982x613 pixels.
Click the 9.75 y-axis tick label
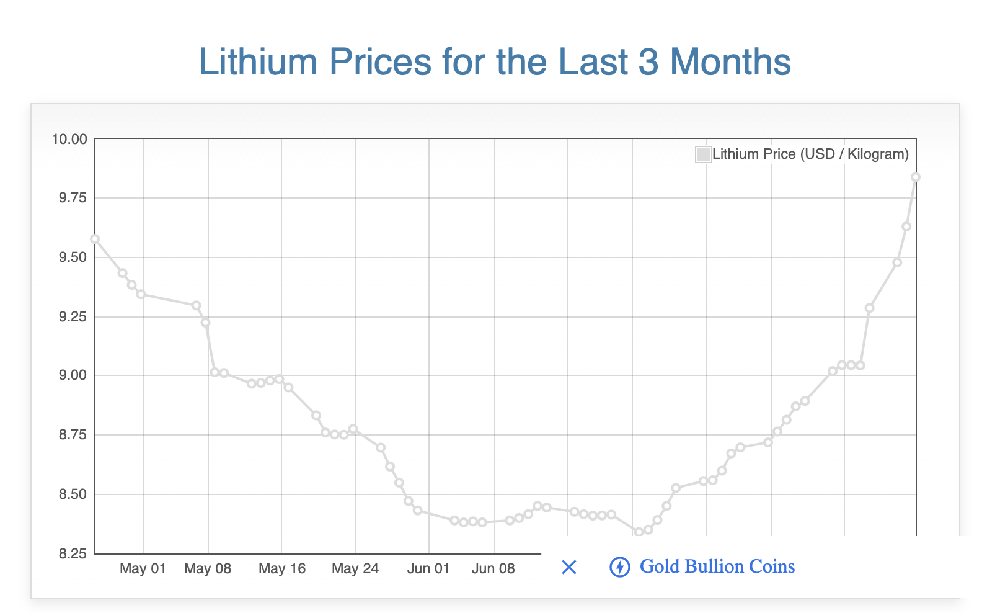pyautogui.click(x=71, y=198)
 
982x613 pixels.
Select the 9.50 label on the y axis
pyautogui.click(x=71, y=257)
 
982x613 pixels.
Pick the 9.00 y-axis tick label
pyautogui.click(x=71, y=375)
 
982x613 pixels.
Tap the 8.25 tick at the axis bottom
pyautogui.click(x=71, y=553)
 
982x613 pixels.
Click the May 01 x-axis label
pyautogui.click(x=143, y=569)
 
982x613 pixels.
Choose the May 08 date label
pyautogui.click(x=208, y=569)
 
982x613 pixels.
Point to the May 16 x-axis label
pyautogui.click(x=282, y=569)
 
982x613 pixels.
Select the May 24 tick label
pyautogui.click(x=355, y=569)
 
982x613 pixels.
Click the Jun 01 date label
pyautogui.click(x=428, y=569)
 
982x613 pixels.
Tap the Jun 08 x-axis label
pyautogui.click(x=493, y=569)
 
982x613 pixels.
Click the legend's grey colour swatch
pyautogui.click(x=703, y=154)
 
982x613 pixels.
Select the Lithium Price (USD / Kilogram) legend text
pyautogui.click(x=810, y=154)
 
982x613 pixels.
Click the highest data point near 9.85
pyautogui.click(x=916, y=177)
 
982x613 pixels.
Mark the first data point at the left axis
pyautogui.click(x=95, y=239)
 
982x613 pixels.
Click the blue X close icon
pyautogui.click(x=568, y=567)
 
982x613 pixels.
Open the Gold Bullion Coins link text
pyautogui.click(x=717, y=566)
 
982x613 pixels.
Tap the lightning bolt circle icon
pyautogui.click(x=620, y=567)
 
